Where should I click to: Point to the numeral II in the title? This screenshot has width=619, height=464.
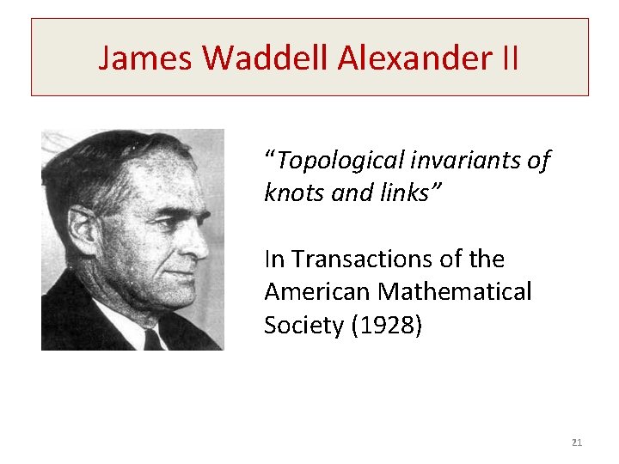[507, 58]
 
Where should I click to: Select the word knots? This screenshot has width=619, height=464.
[293, 193]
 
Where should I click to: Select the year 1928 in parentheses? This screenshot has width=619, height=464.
[388, 326]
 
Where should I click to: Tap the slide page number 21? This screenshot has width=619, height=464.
[576, 443]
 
